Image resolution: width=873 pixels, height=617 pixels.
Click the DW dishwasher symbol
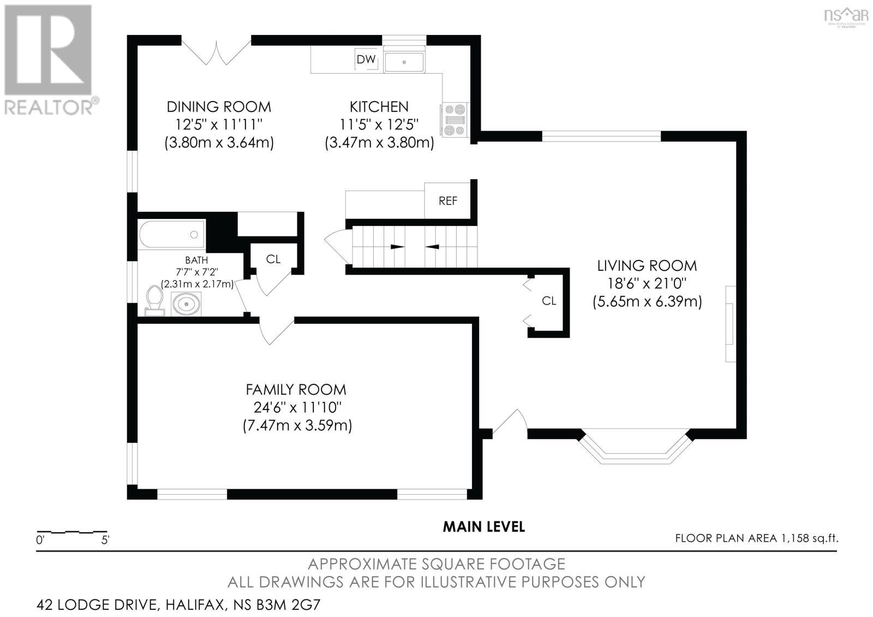coord(366,60)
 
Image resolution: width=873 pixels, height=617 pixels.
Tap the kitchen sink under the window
coord(404,62)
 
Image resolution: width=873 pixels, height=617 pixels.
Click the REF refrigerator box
coord(447,201)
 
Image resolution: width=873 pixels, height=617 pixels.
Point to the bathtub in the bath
coord(171,234)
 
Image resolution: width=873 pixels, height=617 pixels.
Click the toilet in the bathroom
coord(155,301)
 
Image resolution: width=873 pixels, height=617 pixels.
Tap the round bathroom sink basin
coord(187,304)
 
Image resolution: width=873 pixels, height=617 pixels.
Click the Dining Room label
coord(219,106)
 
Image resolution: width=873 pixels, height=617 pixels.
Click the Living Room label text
coord(647,266)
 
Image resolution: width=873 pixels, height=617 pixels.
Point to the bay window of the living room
coord(635,447)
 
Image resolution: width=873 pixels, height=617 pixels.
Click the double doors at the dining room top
coord(217,52)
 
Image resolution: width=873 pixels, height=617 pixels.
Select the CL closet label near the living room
coord(549,301)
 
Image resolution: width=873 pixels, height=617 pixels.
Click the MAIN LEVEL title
coord(483,527)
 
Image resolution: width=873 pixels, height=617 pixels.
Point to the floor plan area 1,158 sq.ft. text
coord(756,538)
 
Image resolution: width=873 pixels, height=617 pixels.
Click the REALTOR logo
coord(50,60)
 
